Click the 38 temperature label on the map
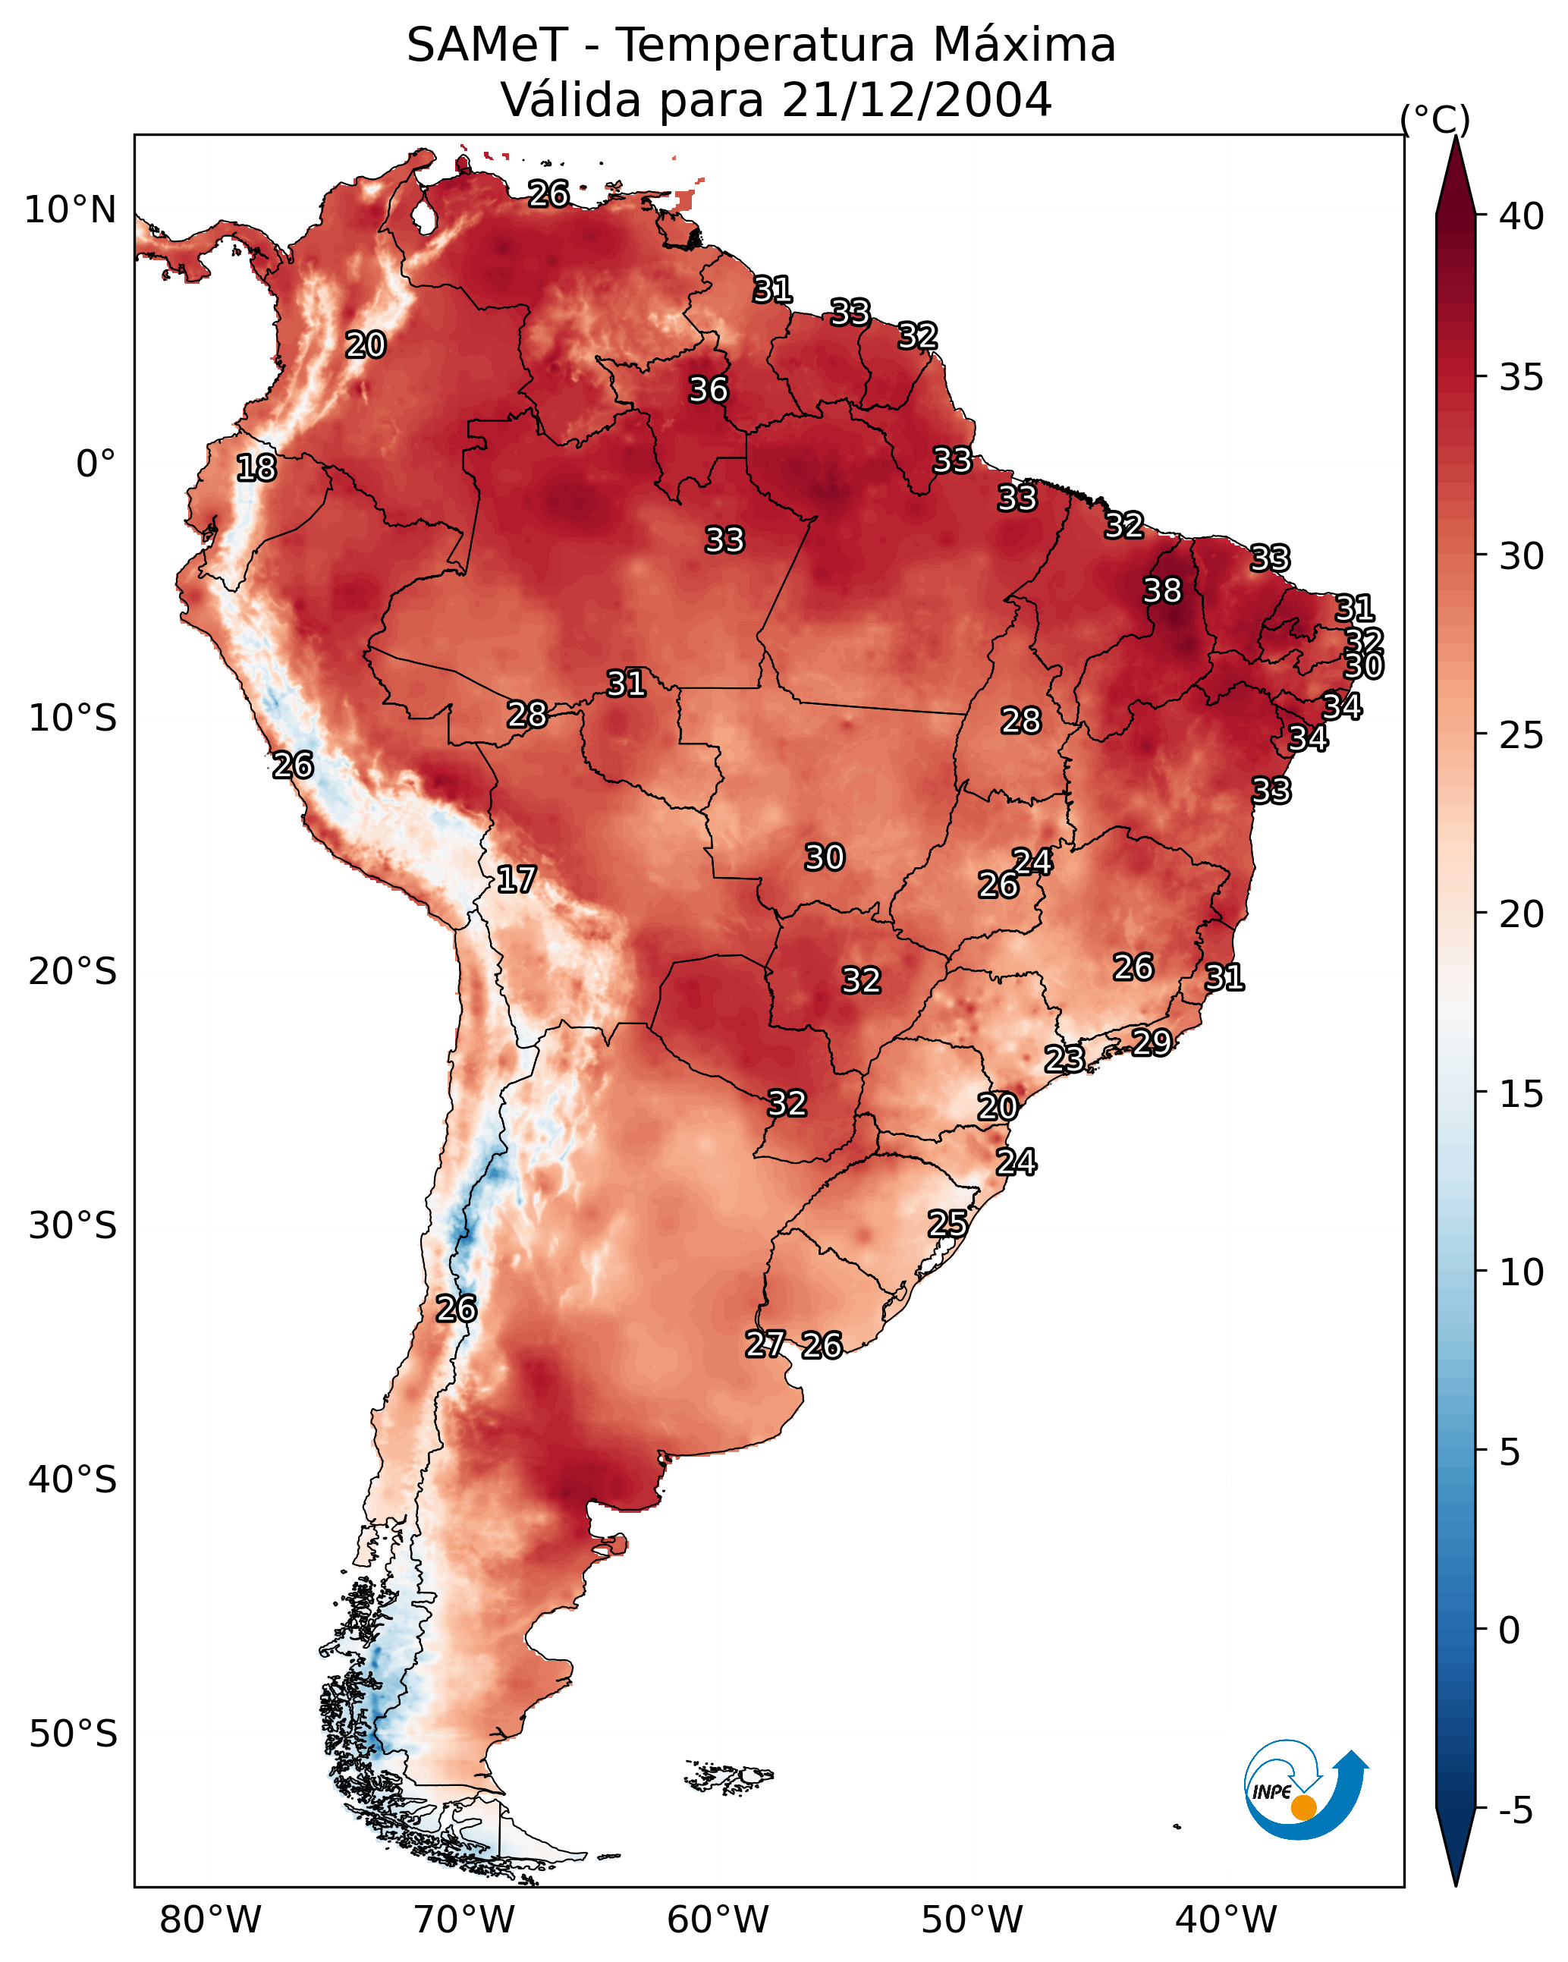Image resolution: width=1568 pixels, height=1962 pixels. pyautogui.click(x=1162, y=592)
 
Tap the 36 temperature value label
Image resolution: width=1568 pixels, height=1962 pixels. pyautogui.click(x=708, y=391)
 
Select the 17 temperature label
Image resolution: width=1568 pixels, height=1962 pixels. pyautogui.click(x=516, y=880)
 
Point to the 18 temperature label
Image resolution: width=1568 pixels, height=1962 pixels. pyautogui.click(x=256, y=469)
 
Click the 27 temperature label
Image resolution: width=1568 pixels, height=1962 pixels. pyautogui.click(x=765, y=1344)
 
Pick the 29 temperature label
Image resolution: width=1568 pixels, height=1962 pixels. pyautogui.click(x=1152, y=1042)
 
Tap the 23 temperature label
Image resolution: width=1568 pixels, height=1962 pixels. pyautogui.click(x=1064, y=1059)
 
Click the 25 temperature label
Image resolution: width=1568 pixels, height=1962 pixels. pyautogui.click(x=947, y=1224)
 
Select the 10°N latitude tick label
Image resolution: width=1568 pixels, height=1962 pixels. pyautogui.click(x=70, y=210)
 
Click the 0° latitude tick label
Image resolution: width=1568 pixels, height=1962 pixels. pyautogui.click(x=96, y=464)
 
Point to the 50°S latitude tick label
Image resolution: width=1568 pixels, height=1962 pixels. pyautogui.click(x=73, y=1734)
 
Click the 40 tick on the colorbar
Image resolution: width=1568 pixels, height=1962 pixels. pyautogui.click(x=1522, y=216)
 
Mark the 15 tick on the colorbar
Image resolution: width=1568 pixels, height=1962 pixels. pyautogui.click(x=1522, y=1094)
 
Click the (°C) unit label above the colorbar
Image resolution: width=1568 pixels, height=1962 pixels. pyautogui.click(x=1435, y=119)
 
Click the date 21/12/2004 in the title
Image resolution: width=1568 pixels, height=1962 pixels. pyautogui.click(x=916, y=99)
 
